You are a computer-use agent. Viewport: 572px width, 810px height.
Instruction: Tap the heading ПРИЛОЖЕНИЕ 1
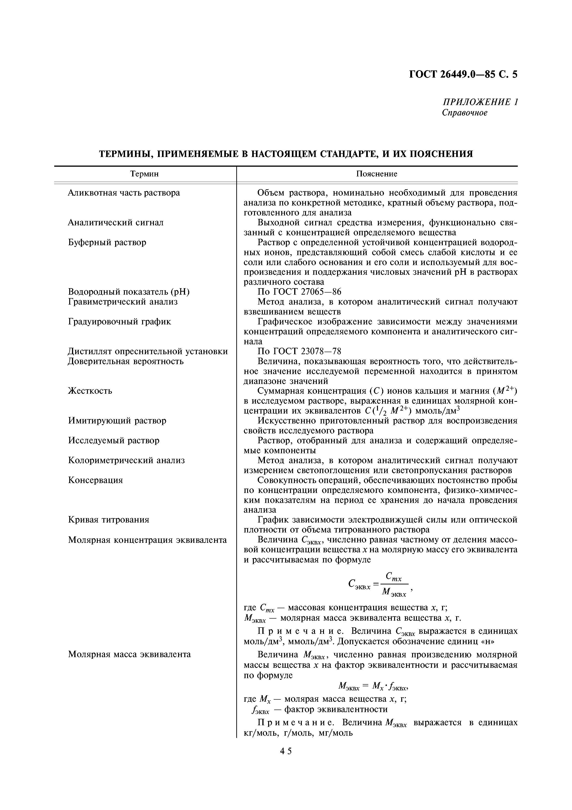pos(480,102)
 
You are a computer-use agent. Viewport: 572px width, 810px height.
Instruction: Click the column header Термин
pos(144,174)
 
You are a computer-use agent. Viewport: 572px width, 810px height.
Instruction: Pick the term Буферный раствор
pos(107,242)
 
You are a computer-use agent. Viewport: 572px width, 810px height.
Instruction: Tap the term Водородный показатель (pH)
pos(129,292)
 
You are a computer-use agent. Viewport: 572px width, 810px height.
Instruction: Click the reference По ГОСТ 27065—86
pos(299,292)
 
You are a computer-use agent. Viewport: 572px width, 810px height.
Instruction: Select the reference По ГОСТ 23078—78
pos(299,351)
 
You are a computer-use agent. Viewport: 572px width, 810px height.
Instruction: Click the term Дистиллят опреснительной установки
pos(148,351)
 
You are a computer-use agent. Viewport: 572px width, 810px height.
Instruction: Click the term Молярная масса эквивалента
pos(129,654)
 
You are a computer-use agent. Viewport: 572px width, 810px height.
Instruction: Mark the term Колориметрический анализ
pos(126,460)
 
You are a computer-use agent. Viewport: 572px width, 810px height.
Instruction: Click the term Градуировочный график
pos(120,322)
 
